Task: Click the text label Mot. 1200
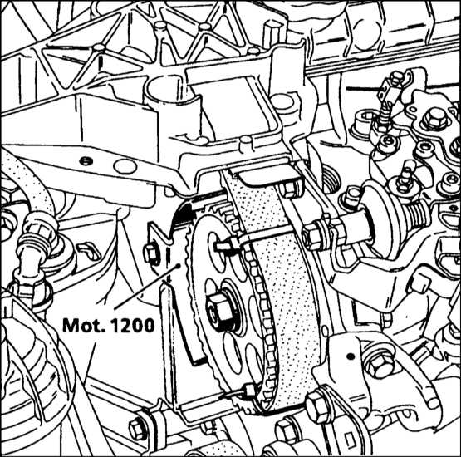click(x=109, y=326)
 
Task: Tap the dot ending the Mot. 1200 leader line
click(x=178, y=266)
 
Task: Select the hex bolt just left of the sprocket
click(x=151, y=253)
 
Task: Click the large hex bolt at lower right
click(x=380, y=365)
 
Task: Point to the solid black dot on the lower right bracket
click(x=351, y=356)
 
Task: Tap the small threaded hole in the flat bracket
click(x=86, y=160)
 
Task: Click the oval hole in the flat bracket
click(x=125, y=166)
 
